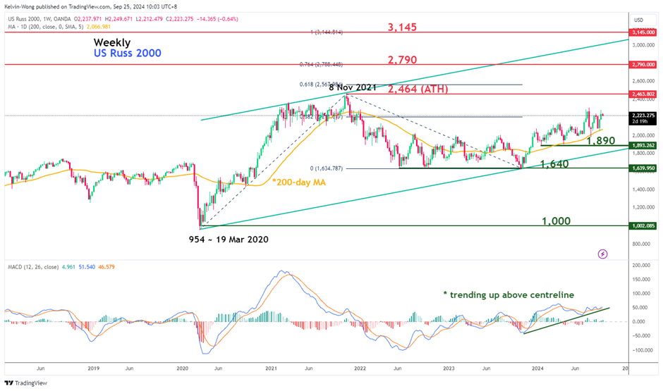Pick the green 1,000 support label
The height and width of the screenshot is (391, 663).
click(556, 221)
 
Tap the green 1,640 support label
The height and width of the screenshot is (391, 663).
click(554, 163)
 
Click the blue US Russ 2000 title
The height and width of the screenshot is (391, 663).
click(128, 54)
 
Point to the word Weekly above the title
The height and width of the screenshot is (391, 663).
click(111, 42)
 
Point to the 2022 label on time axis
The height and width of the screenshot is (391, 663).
click(360, 368)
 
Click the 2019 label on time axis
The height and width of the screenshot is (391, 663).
click(93, 368)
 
